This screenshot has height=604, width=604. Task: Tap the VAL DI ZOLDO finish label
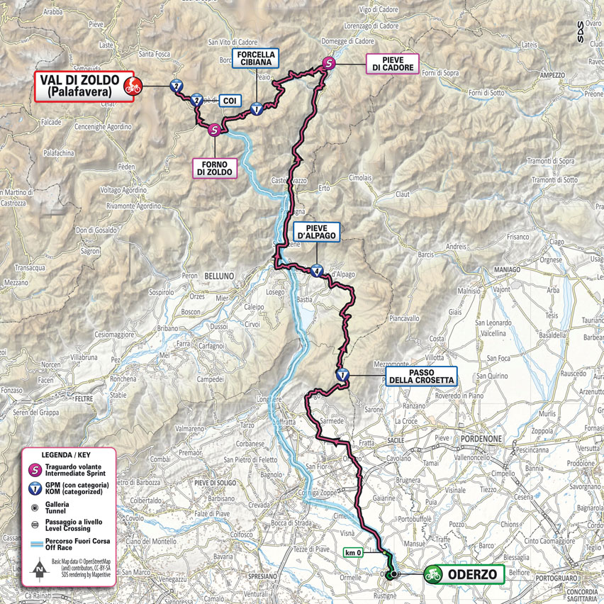point(77,86)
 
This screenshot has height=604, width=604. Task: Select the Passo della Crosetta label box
point(420,376)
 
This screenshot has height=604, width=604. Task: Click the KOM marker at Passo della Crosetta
point(342,376)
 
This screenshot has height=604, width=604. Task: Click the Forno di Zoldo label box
point(216,167)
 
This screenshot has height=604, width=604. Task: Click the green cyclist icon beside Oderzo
point(432,575)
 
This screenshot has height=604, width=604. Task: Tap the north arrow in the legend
point(37,567)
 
